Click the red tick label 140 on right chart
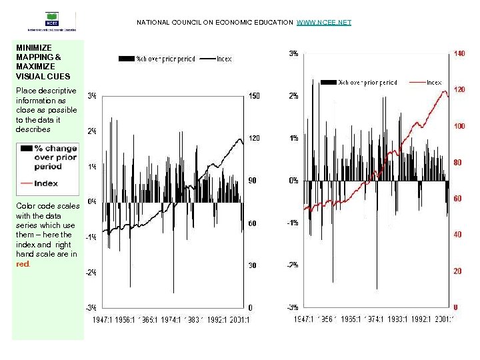tap(459, 53)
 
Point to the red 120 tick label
tap(459, 89)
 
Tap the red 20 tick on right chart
tap(458, 271)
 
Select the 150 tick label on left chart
tap(253, 96)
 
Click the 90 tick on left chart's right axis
tap(252, 181)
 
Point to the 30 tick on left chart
tap(252, 265)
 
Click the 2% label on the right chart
tap(293, 96)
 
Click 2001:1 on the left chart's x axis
tap(238, 321)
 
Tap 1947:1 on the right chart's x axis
tap(307, 320)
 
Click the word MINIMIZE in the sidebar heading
tap(33, 48)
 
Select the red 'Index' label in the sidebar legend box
tap(47, 183)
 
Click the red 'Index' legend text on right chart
tap(433, 83)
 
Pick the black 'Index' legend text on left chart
tap(224, 59)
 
